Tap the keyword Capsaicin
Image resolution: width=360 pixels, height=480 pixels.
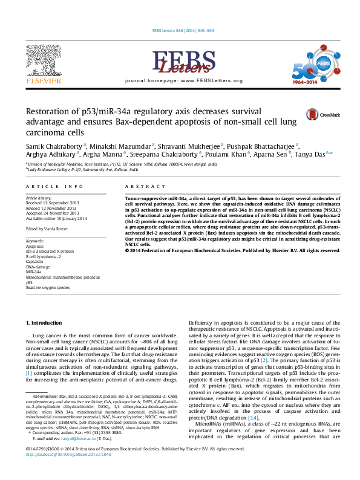34,261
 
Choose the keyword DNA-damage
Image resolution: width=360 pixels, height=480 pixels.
38,267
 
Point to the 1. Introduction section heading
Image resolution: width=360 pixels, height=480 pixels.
46,324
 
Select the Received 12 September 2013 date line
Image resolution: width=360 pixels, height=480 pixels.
53,203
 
